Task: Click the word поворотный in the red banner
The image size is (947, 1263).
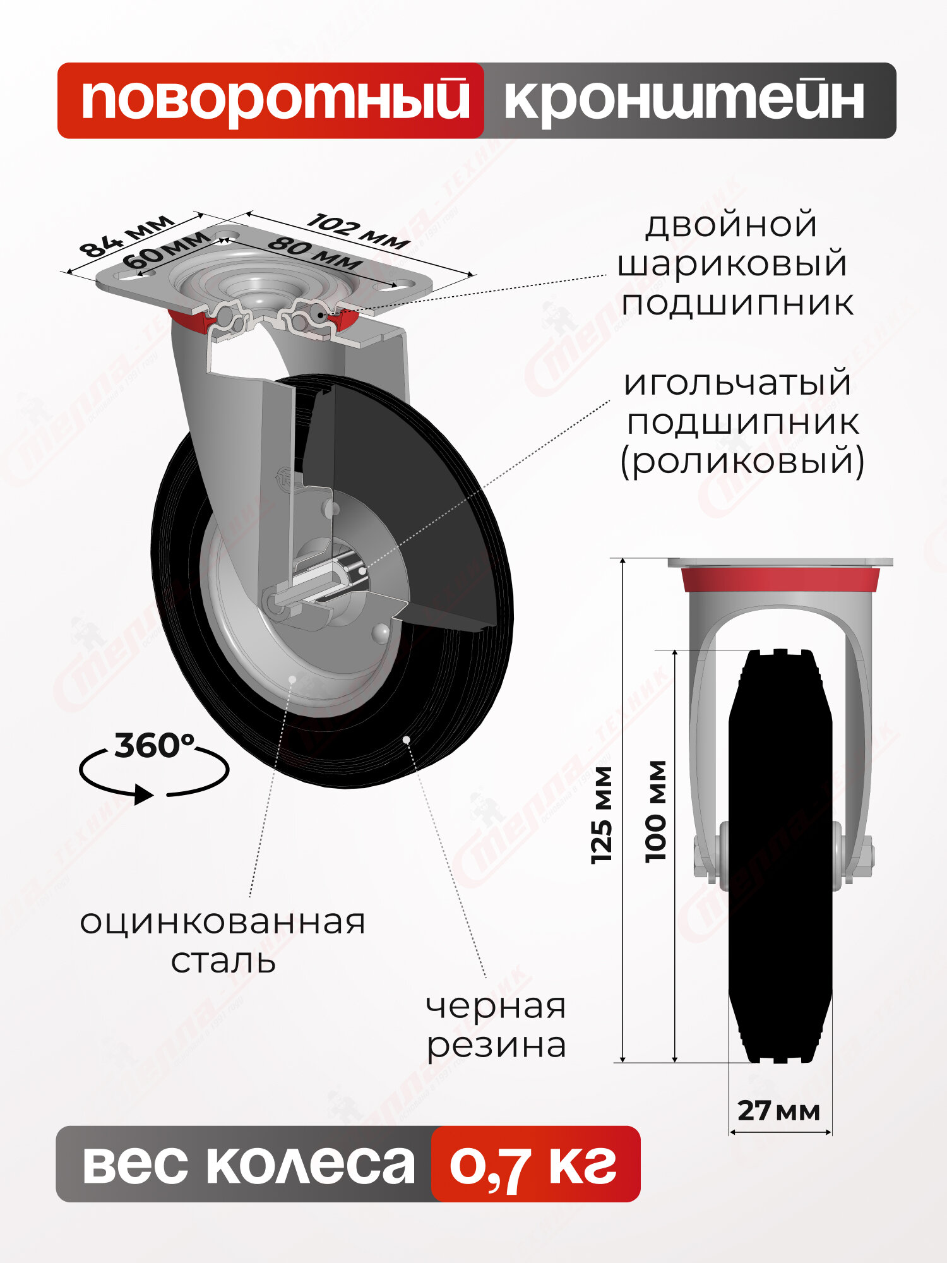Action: click(x=275, y=100)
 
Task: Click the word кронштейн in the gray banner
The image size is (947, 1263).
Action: click(x=684, y=100)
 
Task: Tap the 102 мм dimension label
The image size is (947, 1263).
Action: click(x=358, y=231)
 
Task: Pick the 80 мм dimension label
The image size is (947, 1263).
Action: click(x=314, y=254)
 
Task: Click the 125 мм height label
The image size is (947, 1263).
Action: click(x=601, y=815)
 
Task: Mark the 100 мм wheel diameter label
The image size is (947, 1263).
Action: click(x=656, y=811)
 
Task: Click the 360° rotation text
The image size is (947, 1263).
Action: click(x=154, y=746)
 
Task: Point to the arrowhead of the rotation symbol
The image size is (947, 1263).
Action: click(x=145, y=794)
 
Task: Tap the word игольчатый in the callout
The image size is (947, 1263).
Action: click(x=737, y=383)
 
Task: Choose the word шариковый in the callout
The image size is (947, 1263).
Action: click(x=732, y=263)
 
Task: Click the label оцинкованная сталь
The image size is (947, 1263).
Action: click(x=223, y=941)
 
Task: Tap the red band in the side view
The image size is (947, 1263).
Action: click(x=780, y=579)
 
